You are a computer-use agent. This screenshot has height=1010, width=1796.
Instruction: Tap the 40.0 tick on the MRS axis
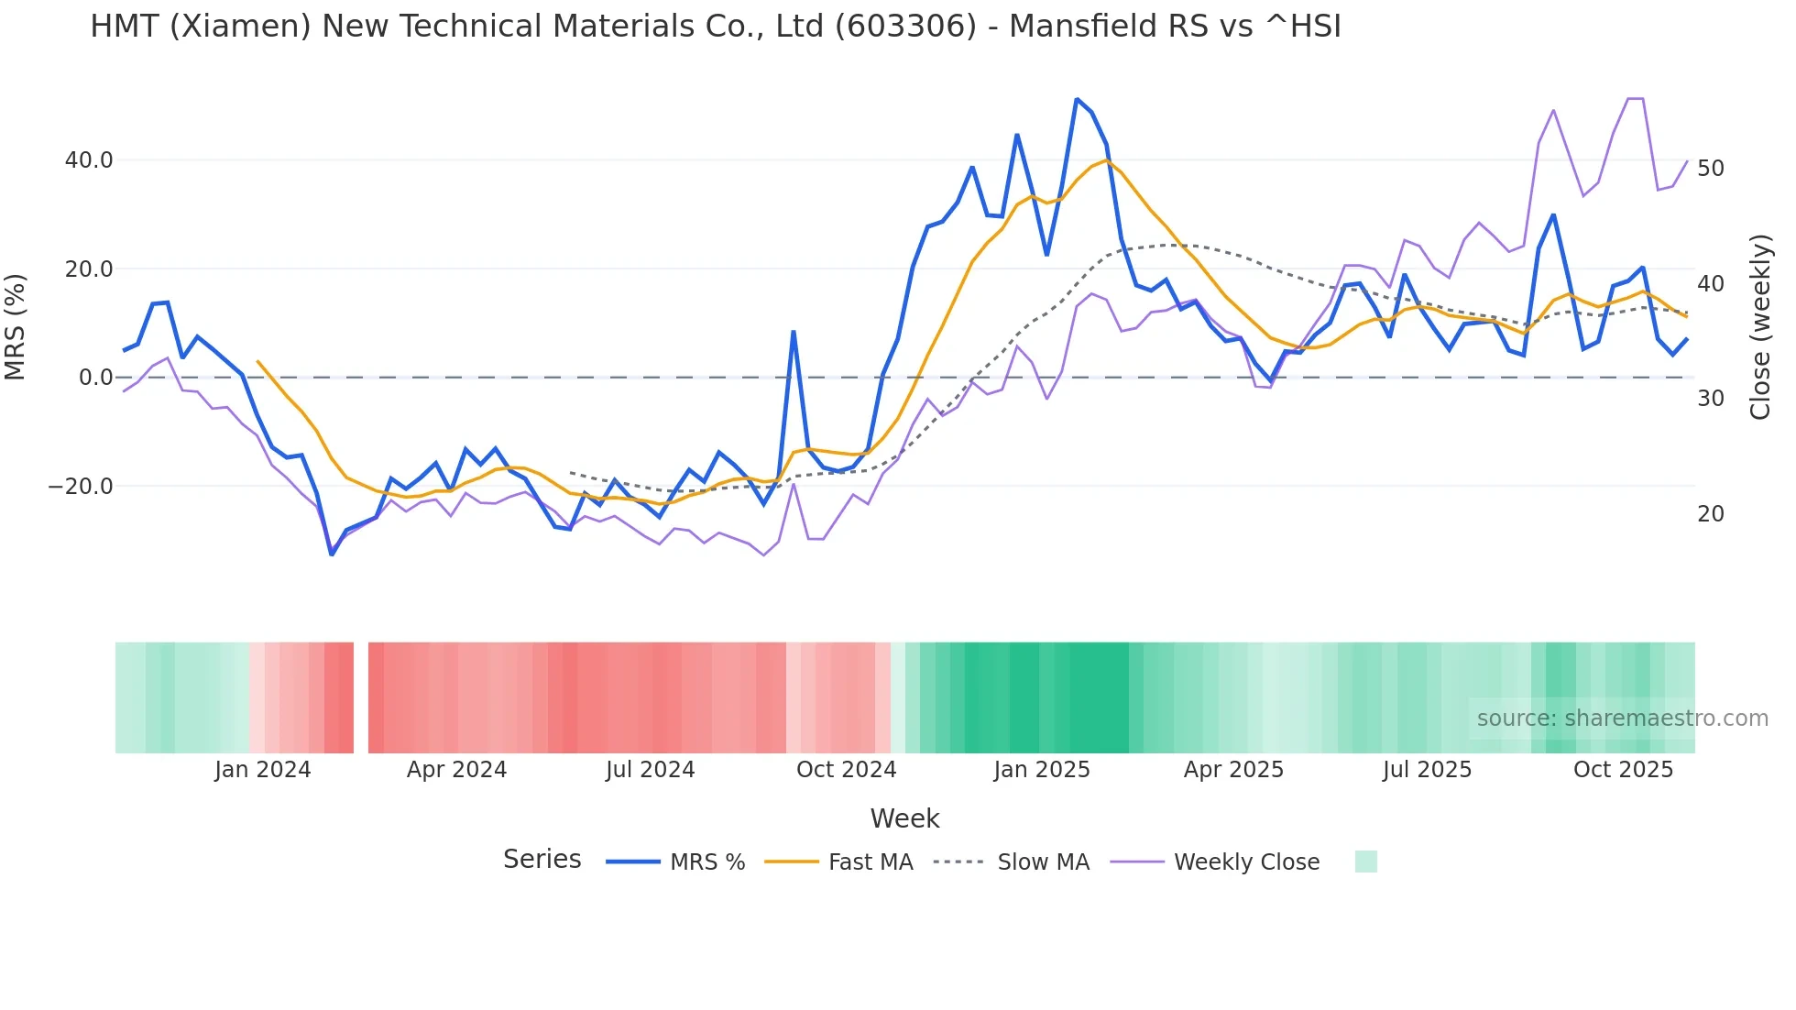click(x=89, y=160)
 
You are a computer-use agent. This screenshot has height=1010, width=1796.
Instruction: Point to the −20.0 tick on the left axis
click(x=81, y=487)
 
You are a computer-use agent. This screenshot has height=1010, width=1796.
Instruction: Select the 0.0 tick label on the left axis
click(x=95, y=378)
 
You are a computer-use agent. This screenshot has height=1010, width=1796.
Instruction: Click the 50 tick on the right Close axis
click(x=1710, y=169)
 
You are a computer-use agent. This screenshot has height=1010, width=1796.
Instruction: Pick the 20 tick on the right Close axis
click(x=1710, y=514)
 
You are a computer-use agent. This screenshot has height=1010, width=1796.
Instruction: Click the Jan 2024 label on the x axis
click(x=263, y=770)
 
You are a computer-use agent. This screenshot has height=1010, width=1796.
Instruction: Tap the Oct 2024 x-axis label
click(x=846, y=770)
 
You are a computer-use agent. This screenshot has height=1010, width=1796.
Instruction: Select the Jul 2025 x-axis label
click(x=1427, y=770)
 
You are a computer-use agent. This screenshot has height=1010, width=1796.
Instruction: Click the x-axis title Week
click(x=904, y=818)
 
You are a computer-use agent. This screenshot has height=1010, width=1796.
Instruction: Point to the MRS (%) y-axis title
click(x=16, y=326)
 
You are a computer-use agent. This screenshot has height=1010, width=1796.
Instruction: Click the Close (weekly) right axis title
click(x=1759, y=326)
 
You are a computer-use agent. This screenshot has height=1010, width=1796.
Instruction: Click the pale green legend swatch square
click(x=1365, y=862)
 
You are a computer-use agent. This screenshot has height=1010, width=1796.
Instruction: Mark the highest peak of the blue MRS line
click(x=1077, y=99)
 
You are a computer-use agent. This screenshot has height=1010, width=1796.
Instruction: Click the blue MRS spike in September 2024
click(x=794, y=332)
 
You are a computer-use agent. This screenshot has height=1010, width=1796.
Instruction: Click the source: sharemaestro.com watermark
click(x=1622, y=719)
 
